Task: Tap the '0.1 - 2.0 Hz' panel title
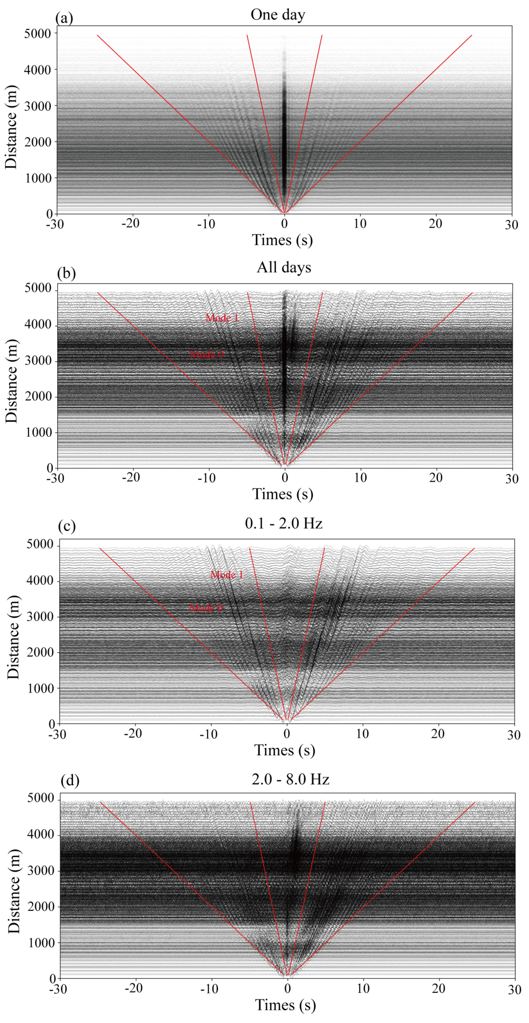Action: tap(284, 523)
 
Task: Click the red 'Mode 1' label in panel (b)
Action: tap(222, 317)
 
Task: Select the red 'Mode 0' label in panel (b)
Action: tap(206, 354)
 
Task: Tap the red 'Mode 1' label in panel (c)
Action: tap(227, 574)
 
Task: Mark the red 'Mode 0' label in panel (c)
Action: tap(206, 608)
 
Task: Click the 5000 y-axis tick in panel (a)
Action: tap(38, 34)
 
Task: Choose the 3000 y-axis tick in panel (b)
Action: tap(38, 361)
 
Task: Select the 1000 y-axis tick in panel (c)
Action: tap(40, 689)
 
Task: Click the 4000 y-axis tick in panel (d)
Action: tap(40, 834)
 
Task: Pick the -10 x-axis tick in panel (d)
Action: tap(209, 989)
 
